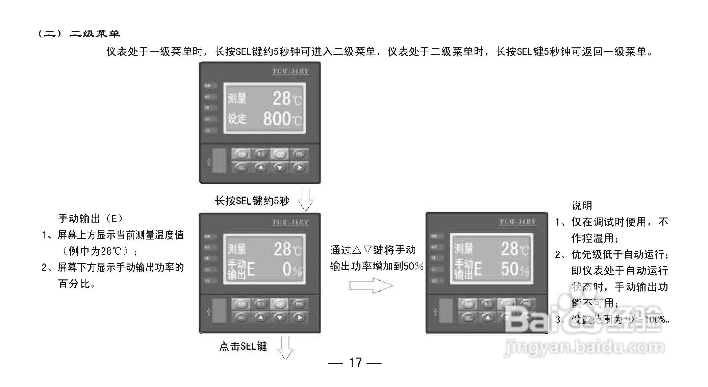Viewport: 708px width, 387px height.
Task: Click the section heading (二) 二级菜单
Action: (79, 33)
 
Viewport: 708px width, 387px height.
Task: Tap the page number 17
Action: (355, 362)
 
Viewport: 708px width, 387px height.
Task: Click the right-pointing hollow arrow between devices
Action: (371, 286)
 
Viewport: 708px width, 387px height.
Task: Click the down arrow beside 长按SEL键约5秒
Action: (305, 200)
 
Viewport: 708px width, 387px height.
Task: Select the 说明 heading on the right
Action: (581, 205)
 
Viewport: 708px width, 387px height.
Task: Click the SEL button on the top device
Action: (241, 167)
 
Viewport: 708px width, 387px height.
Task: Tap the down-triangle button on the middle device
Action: (279, 317)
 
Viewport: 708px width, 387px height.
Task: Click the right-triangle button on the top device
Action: (299, 167)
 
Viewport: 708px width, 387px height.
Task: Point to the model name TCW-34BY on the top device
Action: (290, 71)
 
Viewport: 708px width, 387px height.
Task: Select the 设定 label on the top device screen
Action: (237, 119)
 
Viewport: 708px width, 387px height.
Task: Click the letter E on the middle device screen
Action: (251, 270)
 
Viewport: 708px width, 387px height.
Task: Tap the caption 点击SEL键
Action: (243, 346)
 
